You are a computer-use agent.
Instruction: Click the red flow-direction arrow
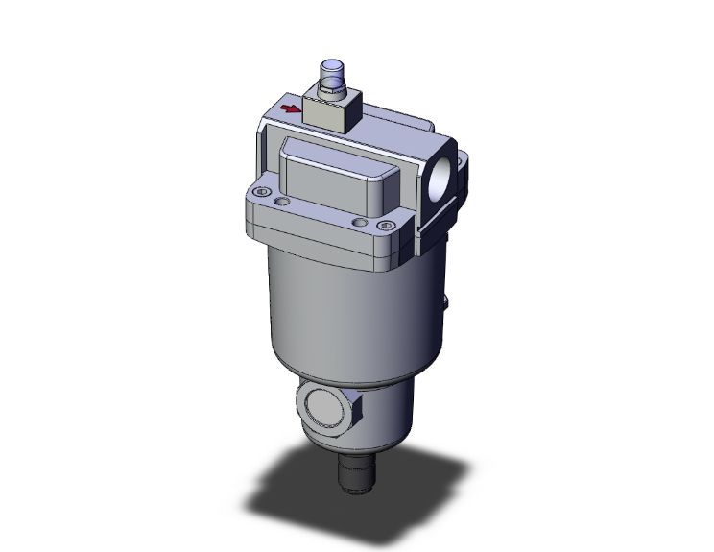click(x=289, y=109)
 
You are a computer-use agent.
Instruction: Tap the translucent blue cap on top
click(x=331, y=70)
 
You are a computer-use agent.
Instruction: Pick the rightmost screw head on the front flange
click(x=387, y=227)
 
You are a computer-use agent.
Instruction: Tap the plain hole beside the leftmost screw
click(x=281, y=204)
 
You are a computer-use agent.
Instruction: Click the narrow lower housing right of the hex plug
click(x=384, y=418)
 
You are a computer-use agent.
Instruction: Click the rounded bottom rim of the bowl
click(x=355, y=379)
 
